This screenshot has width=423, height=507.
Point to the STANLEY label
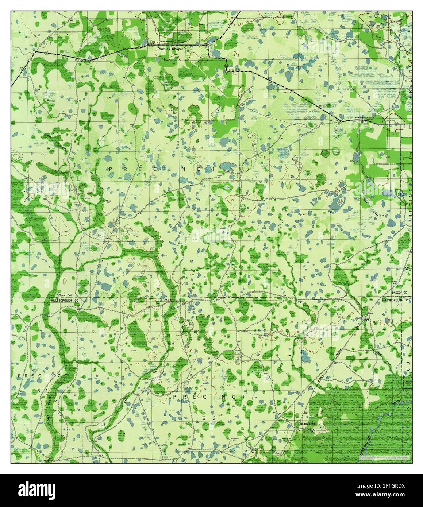(x=287, y=93)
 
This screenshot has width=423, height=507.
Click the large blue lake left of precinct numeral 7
(x=229, y=166)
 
